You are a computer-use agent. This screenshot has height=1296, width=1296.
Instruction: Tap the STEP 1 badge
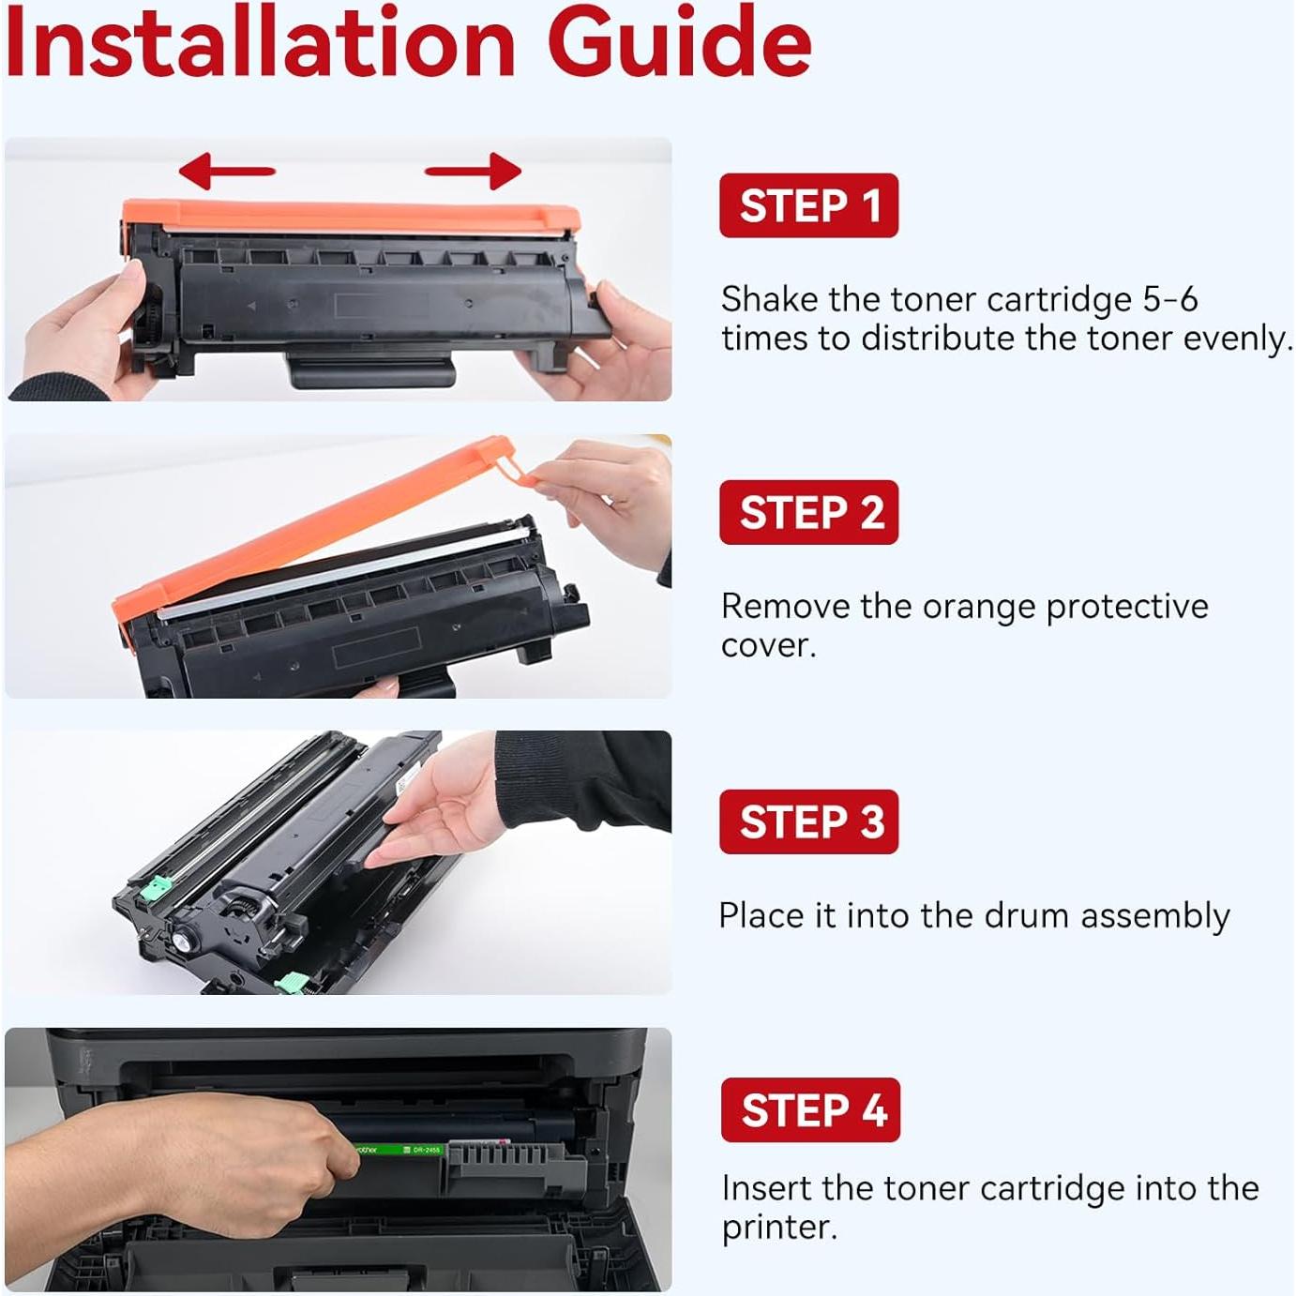click(808, 205)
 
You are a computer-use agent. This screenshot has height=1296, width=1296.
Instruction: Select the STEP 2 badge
click(808, 512)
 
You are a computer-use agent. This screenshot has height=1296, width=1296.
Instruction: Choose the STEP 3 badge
click(808, 821)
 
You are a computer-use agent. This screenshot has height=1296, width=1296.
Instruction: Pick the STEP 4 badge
click(810, 1109)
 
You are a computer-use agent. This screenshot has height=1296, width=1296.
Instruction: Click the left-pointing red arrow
click(227, 170)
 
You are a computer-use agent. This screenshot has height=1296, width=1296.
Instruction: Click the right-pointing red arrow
click(473, 170)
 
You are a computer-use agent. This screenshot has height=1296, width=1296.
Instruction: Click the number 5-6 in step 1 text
click(1170, 298)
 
